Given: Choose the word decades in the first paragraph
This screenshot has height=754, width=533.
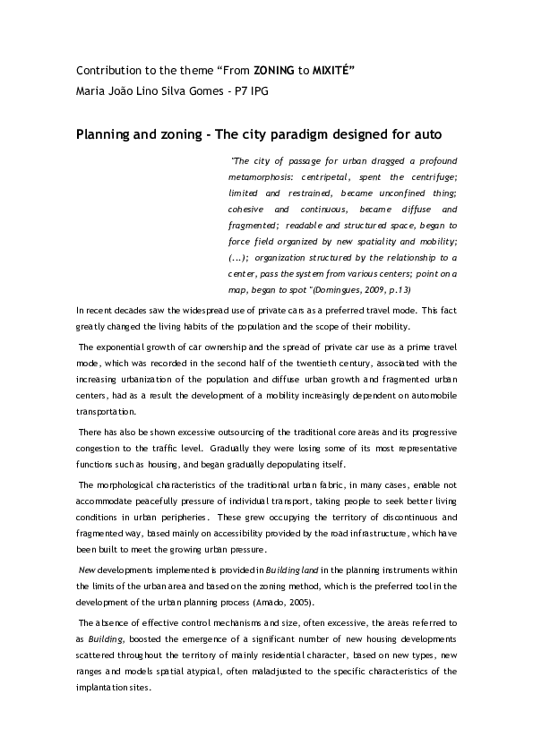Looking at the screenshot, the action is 126,309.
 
